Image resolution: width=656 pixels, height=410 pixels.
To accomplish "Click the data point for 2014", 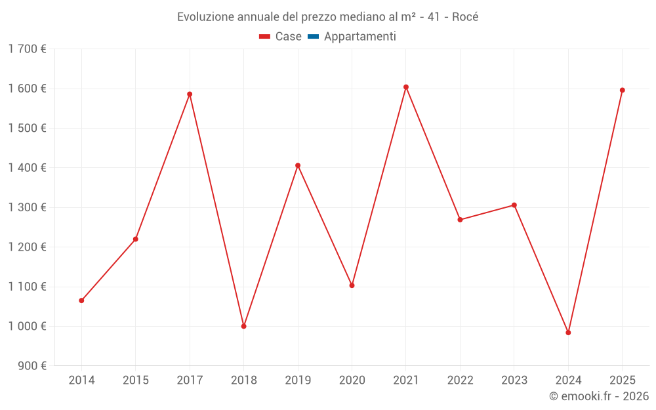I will point(81,300).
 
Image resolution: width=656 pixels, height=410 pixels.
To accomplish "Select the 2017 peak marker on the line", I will point(190,94).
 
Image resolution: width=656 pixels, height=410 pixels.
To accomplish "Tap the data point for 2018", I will point(244,326).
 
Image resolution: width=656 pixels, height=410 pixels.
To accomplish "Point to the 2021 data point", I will point(406,87).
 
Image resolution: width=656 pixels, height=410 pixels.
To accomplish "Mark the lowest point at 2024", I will point(568,333).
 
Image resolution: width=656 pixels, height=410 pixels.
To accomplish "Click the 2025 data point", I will point(623,90).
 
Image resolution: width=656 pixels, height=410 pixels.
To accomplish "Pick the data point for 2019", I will point(298,165).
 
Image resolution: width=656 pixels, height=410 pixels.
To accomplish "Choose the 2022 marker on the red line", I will point(460,220).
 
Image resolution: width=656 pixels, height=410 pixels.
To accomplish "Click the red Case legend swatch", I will point(265,37).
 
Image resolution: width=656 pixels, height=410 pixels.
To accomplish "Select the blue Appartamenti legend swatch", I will point(313,37).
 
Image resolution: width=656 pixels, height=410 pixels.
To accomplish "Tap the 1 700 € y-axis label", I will point(27,49).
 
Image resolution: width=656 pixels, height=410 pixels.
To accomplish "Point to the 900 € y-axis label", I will point(31,366).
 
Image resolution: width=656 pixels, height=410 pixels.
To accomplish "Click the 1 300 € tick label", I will point(27,207).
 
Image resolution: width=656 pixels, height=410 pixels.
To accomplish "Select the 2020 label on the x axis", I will point(352,380).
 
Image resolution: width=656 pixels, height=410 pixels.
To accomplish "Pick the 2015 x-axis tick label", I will point(136,380).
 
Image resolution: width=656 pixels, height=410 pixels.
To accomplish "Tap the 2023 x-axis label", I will point(514,380).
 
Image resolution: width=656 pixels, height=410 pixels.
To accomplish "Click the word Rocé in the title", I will point(465,17).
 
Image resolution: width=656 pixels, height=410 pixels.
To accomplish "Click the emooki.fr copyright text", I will point(599,396).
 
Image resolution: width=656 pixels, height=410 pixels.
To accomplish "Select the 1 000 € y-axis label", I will point(27,326).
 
